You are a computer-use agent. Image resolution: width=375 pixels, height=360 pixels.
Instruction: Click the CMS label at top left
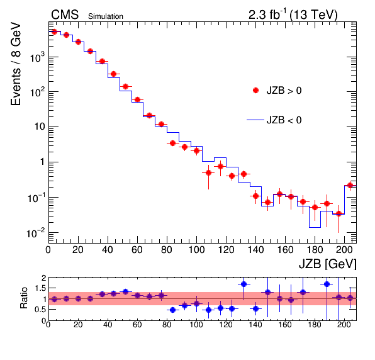65,15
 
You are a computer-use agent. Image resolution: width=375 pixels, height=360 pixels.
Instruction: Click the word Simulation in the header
106,16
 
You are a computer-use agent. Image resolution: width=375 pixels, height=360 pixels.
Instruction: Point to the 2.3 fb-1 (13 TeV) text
293,14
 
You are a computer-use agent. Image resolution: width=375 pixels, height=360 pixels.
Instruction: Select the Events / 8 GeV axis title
16,64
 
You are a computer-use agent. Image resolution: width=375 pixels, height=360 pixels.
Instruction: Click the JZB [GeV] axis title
327,264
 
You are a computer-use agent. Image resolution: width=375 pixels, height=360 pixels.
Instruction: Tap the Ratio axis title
24,298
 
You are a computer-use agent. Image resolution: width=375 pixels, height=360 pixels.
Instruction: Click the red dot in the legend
255,90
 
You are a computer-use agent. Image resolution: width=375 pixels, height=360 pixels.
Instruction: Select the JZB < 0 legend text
284,120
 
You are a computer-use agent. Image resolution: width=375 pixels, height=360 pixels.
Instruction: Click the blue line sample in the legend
255,120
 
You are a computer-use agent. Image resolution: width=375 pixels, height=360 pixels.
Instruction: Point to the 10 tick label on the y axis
40,127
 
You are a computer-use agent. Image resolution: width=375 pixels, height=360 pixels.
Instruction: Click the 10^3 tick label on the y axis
37,57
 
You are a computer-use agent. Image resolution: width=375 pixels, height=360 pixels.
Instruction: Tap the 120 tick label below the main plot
226,250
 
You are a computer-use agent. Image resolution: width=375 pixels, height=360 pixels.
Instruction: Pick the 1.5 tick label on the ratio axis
40,288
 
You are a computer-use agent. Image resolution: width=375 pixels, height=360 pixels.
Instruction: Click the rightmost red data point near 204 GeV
350,185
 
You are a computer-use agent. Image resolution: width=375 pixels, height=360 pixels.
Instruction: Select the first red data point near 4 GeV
54,32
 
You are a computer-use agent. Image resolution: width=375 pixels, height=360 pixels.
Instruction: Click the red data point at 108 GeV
208,172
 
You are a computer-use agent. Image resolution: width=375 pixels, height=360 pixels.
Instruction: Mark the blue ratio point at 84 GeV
172,310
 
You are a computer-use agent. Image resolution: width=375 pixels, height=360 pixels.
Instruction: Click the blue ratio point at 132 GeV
243,284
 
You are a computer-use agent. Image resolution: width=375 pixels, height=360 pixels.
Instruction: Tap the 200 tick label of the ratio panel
344,325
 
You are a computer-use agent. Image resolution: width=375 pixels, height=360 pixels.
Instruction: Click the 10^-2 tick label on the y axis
36,233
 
